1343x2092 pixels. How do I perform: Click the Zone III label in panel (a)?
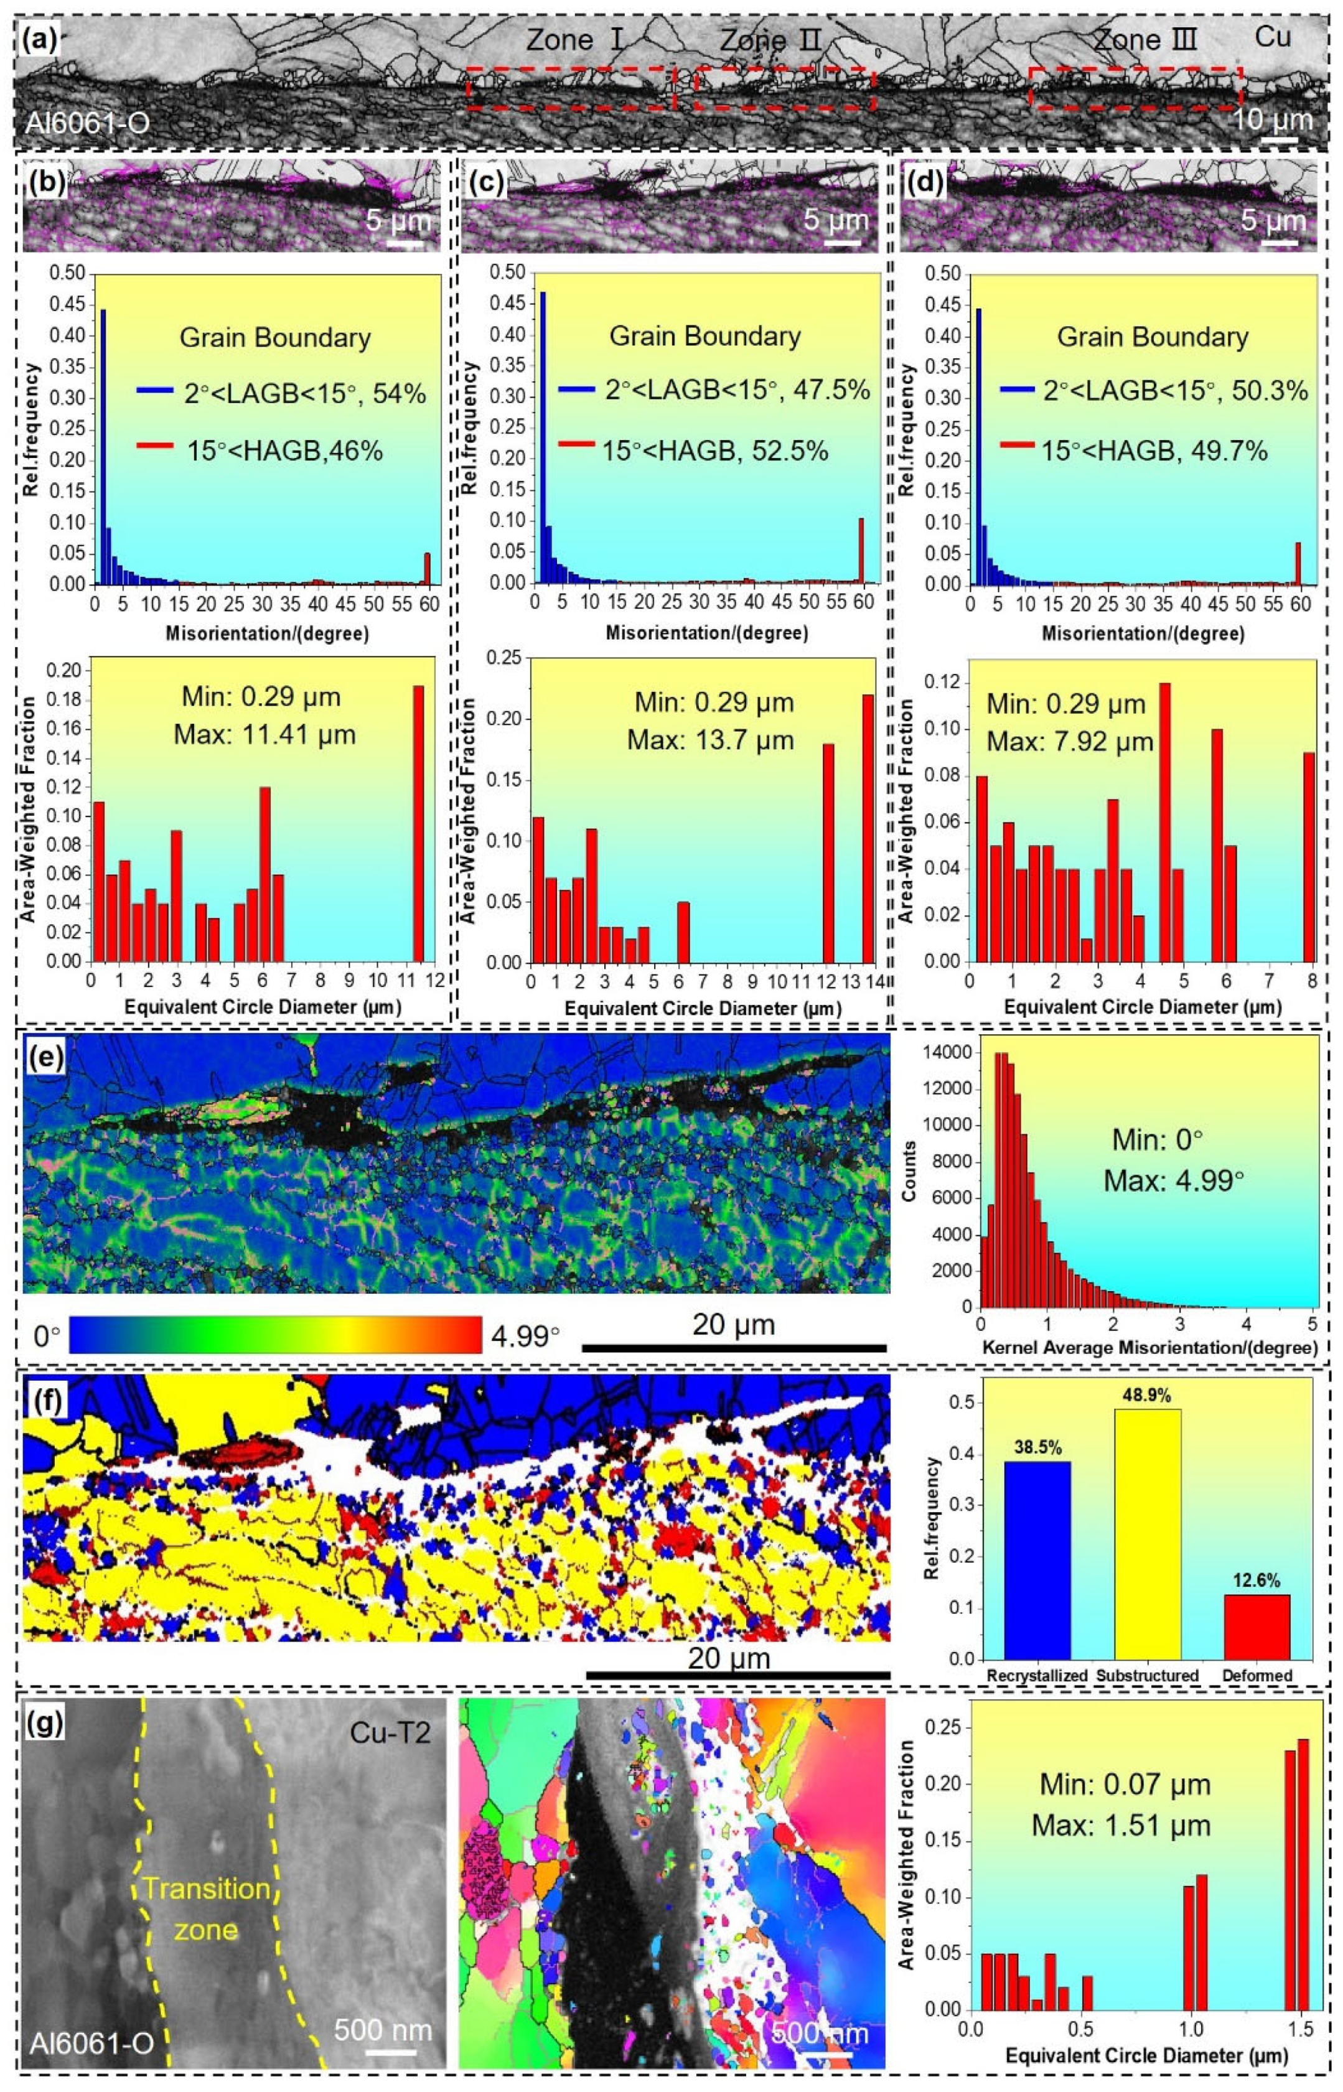pos(1144,40)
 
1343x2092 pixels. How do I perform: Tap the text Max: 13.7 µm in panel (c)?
pos(711,740)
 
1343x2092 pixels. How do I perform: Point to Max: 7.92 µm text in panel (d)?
pos(1070,742)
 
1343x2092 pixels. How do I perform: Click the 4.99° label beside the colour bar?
pos(526,1335)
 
